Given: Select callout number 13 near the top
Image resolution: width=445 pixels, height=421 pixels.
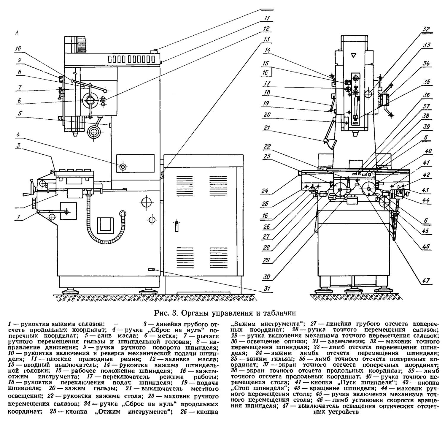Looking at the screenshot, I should coord(267,39).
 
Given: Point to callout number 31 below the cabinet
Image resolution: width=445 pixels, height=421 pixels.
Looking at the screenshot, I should coord(268,289).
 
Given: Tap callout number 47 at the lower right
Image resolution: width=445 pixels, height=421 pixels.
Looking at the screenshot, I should coord(426,280).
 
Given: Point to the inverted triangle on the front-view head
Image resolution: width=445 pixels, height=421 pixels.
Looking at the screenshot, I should coord(353,55).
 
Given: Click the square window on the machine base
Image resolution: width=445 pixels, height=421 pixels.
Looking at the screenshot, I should coord(106,224).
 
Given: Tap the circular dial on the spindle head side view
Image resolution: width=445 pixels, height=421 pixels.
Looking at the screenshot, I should coord(91,100).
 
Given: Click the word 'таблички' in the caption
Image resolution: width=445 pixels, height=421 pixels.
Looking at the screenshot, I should coord(279,313).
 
